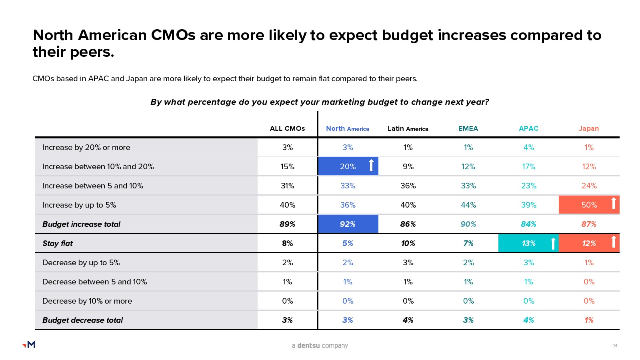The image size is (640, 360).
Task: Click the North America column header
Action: point(347,128)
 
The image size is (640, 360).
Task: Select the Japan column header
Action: point(589,128)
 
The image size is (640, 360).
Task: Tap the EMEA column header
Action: point(468,128)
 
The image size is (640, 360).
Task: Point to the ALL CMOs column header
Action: point(287,128)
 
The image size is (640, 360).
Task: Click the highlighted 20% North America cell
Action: point(348,166)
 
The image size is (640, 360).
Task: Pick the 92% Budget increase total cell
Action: point(348,224)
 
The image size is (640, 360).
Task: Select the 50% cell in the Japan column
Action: point(589,205)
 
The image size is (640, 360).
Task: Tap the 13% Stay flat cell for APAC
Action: point(528,243)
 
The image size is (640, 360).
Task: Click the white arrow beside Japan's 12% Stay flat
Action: point(614,242)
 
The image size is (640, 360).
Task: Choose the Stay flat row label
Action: point(58,243)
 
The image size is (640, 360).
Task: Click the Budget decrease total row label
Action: point(82,320)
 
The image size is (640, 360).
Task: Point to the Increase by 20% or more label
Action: point(86,147)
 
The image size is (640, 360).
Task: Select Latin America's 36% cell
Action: point(408,186)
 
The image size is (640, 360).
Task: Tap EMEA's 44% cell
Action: point(468,205)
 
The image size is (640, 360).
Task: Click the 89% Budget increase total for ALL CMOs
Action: point(287,224)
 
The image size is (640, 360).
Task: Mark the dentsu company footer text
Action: point(320,346)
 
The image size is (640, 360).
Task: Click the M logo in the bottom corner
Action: point(29,344)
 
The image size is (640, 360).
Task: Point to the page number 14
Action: point(615,345)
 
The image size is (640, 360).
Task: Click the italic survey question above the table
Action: point(320,102)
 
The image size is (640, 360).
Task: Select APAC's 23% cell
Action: point(528,186)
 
